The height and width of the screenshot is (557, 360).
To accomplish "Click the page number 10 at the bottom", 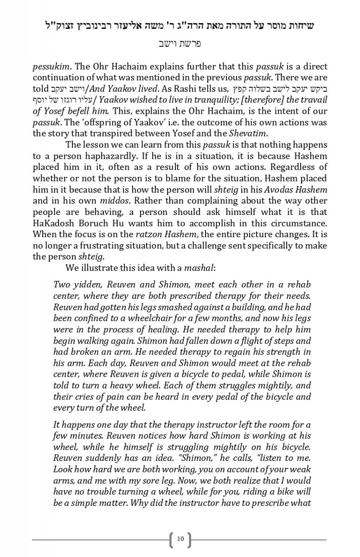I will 180,539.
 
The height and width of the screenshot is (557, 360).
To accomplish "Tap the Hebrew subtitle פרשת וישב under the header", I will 180,44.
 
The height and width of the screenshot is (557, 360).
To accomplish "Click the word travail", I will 314,100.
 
